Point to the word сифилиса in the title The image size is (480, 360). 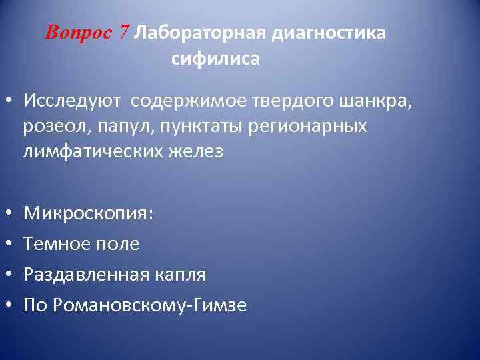click(215, 59)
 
